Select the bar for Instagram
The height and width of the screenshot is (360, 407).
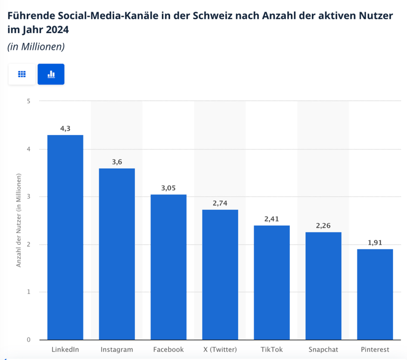coord(117,254)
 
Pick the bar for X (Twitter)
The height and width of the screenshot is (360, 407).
coord(220,275)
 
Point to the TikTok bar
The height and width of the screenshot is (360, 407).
coord(272,283)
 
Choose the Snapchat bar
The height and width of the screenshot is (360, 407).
coord(323,286)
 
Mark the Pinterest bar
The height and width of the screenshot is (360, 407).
coord(375,294)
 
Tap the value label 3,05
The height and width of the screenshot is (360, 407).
coord(169,188)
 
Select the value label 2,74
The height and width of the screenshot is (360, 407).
coord(220,203)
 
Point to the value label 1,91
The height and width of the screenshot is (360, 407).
coord(375,242)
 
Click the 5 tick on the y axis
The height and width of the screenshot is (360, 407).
coord(29,101)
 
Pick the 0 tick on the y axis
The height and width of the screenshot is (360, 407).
coord(29,340)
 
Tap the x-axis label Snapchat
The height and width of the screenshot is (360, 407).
coord(323,350)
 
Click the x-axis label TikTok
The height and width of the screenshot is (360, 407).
coord(272,350)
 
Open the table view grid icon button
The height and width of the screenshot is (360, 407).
coord(22,74)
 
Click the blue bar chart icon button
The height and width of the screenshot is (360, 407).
coord(51,74)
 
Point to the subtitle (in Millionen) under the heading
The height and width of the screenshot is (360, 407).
coord(36,46)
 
